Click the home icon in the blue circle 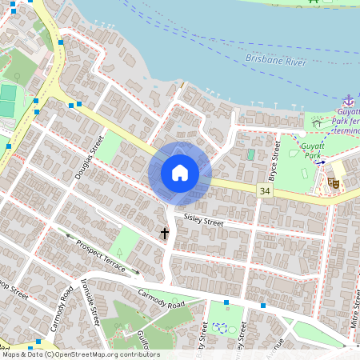tap(180, 172)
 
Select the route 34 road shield tap(264, 190)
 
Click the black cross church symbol tap(165, 234)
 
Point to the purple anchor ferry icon tap(348, 101)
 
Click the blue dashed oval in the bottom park tap(226, 328)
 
